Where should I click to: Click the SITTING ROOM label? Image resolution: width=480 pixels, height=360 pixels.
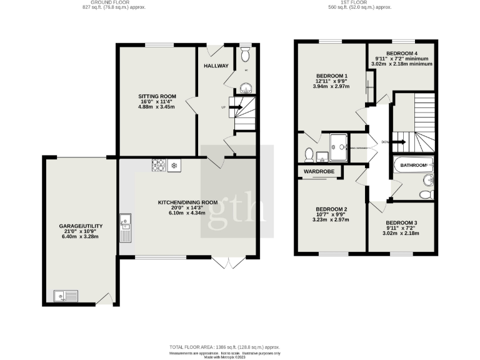coord(157,96)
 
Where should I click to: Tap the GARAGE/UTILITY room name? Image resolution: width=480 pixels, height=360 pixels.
coord(81,226)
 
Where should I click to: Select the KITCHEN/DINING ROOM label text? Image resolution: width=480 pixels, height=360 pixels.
coord(187,202)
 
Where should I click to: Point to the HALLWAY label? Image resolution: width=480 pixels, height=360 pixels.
coord(216,66)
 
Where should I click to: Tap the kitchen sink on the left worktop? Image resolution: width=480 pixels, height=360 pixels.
coord(125,220)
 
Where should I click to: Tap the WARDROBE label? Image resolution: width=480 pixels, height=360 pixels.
coord(319,171)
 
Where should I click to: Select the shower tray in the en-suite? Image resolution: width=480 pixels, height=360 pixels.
coord(337,143)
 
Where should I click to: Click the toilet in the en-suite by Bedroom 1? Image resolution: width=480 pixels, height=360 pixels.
coord(309,152)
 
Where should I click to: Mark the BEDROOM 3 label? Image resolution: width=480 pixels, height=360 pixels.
coord(402,223)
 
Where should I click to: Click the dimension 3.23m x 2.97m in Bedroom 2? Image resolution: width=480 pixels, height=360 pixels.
coord(331,221)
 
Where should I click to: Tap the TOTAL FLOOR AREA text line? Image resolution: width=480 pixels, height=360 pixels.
coord(224,346)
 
